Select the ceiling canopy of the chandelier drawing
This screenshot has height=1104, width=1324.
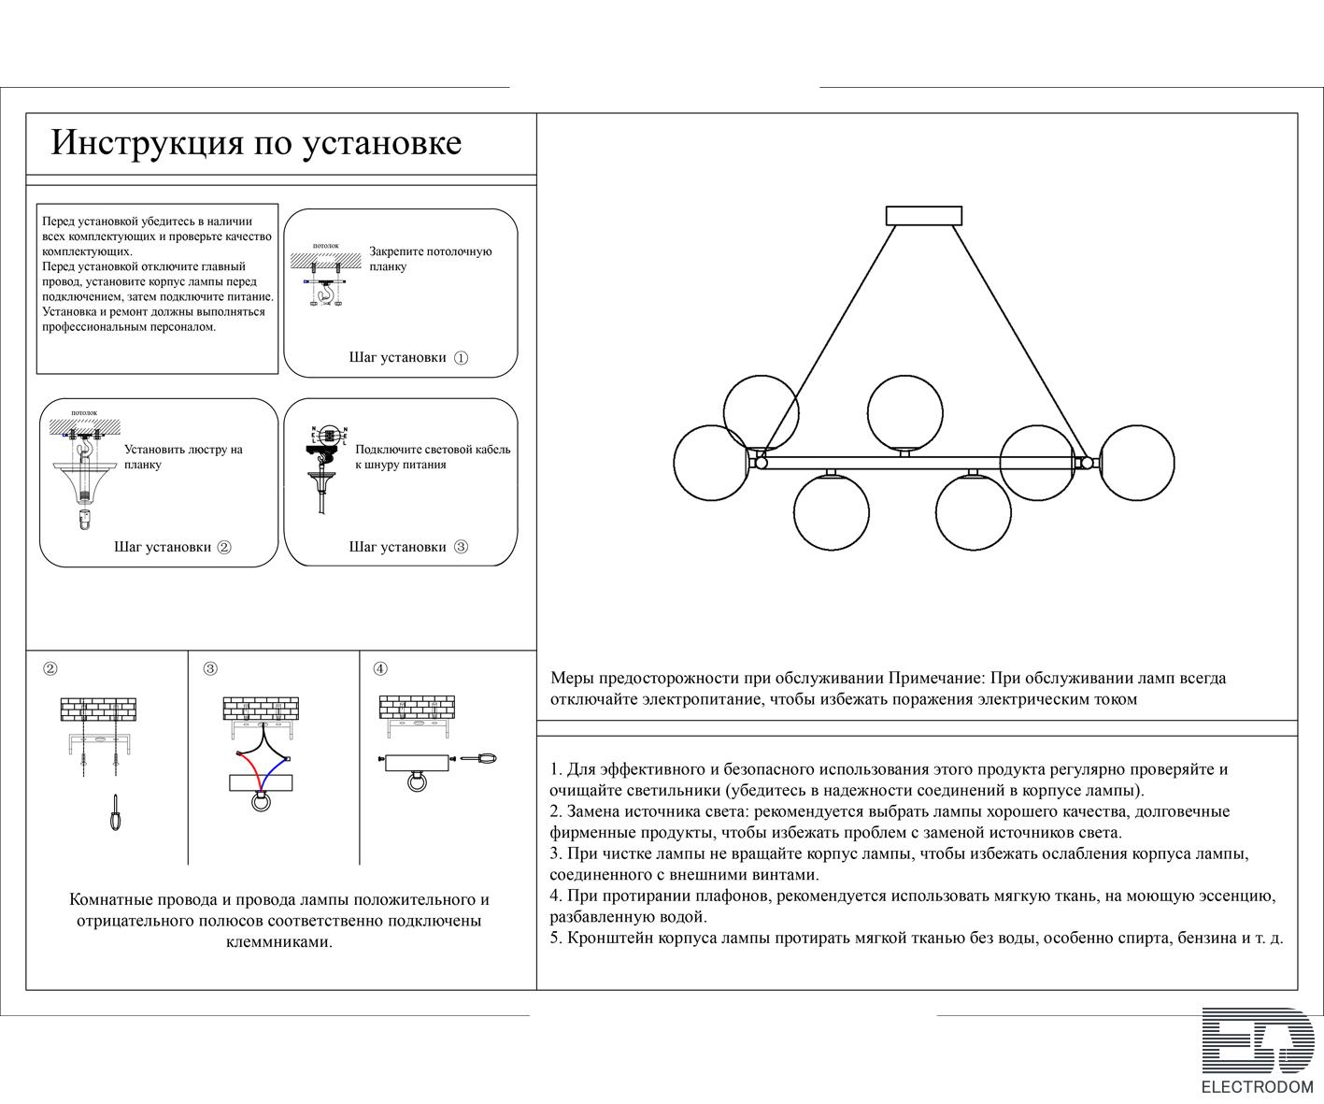click(923, 216)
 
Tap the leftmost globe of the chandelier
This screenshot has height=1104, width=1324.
click(710, 462)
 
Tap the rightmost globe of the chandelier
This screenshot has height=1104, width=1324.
click(1136, 462)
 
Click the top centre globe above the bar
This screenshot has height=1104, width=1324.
click(904, 411)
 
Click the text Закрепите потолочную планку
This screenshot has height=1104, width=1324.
click(430, 259)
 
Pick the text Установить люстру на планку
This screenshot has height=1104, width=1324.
click(183, 456)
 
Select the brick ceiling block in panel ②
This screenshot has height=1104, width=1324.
click(98, 710)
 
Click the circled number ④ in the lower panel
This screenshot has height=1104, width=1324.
click(380, 668)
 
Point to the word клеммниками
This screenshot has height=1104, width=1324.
click(279, 941)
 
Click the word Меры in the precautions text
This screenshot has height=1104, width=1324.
click(572, 679)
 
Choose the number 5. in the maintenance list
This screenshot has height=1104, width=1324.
click(556, 938)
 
